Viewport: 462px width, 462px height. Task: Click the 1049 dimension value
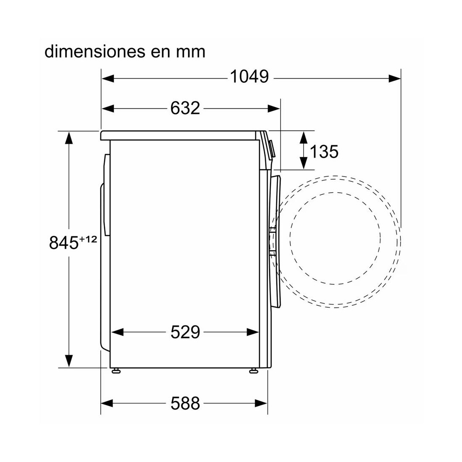tap(249, 76)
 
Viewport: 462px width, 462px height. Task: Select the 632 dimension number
tap(185, 108)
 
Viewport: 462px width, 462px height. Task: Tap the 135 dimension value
tap(324, 152)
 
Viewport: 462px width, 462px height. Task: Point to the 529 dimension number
tap(185, 332)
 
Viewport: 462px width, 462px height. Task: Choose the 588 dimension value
tap(185, 403)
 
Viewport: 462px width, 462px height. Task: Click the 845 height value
tap(64, 243)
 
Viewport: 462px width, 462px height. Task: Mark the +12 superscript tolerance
tap(88, 239)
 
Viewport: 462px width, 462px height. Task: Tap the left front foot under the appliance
tap(116, 370)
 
